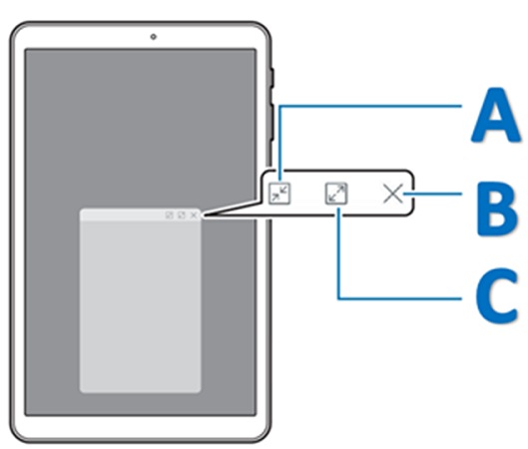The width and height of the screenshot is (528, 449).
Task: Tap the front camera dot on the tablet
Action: [x=154, y=36]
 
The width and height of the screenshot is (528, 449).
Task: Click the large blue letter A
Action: [x=495, y=115]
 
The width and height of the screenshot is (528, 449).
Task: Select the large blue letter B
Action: [x=497, y=209]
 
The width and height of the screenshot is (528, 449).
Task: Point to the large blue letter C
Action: [x=497, y=296]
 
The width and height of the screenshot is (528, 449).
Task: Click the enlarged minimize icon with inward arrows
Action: [x=279, y=194]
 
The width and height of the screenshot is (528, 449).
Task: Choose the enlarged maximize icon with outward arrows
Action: [x=336, y=194]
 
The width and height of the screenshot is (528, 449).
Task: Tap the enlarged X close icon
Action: [x=393, y=194]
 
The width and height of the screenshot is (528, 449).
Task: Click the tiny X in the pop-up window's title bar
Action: [x=194, y=216]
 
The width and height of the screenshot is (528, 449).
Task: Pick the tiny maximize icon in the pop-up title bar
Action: [x=182, y=216]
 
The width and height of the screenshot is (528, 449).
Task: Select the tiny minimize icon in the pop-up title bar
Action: [x=170, y=216]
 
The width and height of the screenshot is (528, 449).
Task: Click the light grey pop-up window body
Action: [x=140, y=306]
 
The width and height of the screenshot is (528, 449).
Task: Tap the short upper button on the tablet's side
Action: [x=272, y=78]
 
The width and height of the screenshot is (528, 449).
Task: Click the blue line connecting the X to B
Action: [x=432, y=194]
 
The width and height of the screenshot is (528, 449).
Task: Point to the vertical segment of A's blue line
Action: [x=280, y=144]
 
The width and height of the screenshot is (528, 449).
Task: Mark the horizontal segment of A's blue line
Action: [x=370, y=107]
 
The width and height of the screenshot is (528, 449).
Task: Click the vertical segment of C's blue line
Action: [x=339, y=253]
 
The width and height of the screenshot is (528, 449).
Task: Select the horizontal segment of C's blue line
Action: [x=399, y=298]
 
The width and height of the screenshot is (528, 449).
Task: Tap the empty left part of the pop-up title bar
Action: [x=121, y=215]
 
